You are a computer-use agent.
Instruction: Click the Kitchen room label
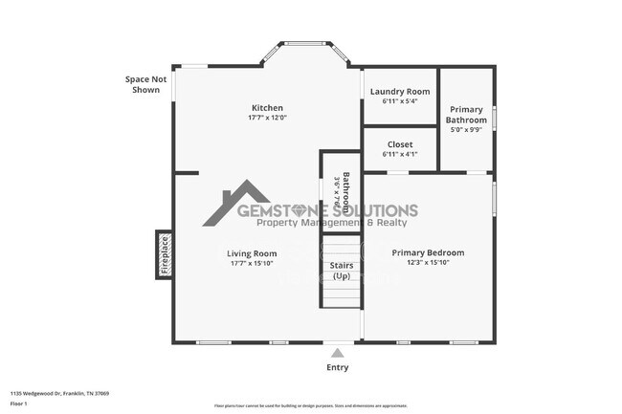[x=267, y=107]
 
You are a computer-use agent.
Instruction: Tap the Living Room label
[x=252, y=253]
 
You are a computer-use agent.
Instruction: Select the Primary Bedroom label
[x=428, y=252]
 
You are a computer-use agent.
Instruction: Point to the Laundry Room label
[x=400, y=92]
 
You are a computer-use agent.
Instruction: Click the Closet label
[x=400, y=144]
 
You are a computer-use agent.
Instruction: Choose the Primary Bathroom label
[x=467, y=115]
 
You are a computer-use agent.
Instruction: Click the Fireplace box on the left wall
[x=164, y=255]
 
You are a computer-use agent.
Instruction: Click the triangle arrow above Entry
[x=337, y=352]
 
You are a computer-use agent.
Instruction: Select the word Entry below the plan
[x=338, y=367]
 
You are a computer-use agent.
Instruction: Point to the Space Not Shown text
[x=145, y=84]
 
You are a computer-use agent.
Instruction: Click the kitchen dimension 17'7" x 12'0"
[x=267, y=118]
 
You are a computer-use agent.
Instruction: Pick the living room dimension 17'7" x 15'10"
[x=252, y=263]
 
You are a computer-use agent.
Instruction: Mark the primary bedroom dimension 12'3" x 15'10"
[x=428, y=262]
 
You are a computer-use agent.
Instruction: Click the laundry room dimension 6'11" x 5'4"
[x=400, y=101]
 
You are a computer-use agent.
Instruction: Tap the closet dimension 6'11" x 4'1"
[x=400, y=154]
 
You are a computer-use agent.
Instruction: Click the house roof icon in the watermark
[x=235, y=201]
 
